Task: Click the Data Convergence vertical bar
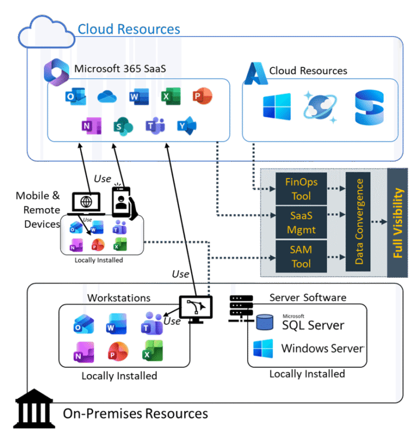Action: (359, 222)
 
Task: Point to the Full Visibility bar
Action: (398, 222)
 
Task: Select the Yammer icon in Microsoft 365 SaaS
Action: (187, 125)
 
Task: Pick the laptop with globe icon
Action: (86, 202)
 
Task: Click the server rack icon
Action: (240, 304)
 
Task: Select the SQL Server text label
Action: (312, 325)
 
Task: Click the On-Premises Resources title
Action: (135, 414)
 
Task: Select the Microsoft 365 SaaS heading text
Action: (120, 68)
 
